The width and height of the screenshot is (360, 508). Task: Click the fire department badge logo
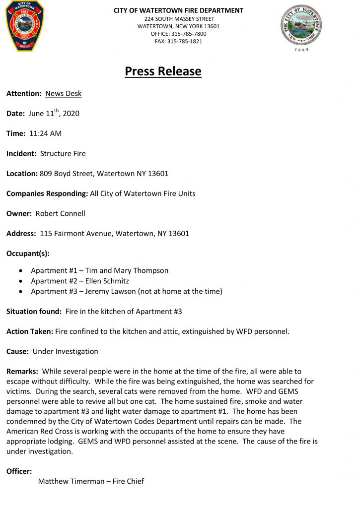25,26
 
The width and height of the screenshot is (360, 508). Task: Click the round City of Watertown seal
301,26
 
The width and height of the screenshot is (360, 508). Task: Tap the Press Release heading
163,71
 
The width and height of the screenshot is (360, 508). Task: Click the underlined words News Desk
63,94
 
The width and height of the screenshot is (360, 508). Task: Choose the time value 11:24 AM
45,133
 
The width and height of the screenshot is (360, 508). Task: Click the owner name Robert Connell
60,213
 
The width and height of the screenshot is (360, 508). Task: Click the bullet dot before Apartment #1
20,271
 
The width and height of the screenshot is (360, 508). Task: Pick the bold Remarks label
22,371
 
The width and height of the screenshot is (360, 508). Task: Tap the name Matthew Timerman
71,481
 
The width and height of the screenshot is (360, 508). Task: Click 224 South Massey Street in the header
178,19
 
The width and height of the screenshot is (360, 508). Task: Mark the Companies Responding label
47,193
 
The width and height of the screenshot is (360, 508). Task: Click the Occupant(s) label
28,254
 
